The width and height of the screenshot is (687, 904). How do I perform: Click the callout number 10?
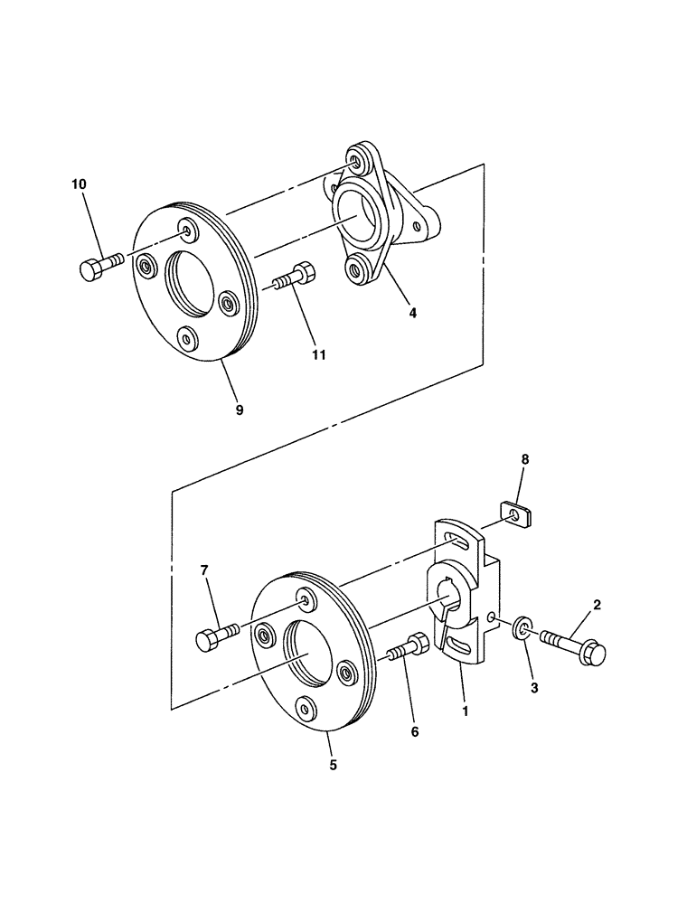tap(79, 184)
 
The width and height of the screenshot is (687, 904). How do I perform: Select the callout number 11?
tap(318, 355)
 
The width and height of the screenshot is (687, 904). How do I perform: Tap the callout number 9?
tap(239, 410)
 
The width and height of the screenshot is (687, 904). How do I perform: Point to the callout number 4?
tap(412, 314)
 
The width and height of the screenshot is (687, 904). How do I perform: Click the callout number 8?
tap(526, 460)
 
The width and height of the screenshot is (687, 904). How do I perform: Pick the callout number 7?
tap(204, 570)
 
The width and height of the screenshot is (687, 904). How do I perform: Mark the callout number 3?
tap(534, 687)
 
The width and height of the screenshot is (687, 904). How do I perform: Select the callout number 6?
tap(415, 732)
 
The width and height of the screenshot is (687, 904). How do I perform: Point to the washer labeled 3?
tap(522, 628)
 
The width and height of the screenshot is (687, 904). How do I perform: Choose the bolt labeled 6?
tap(409, 649)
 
